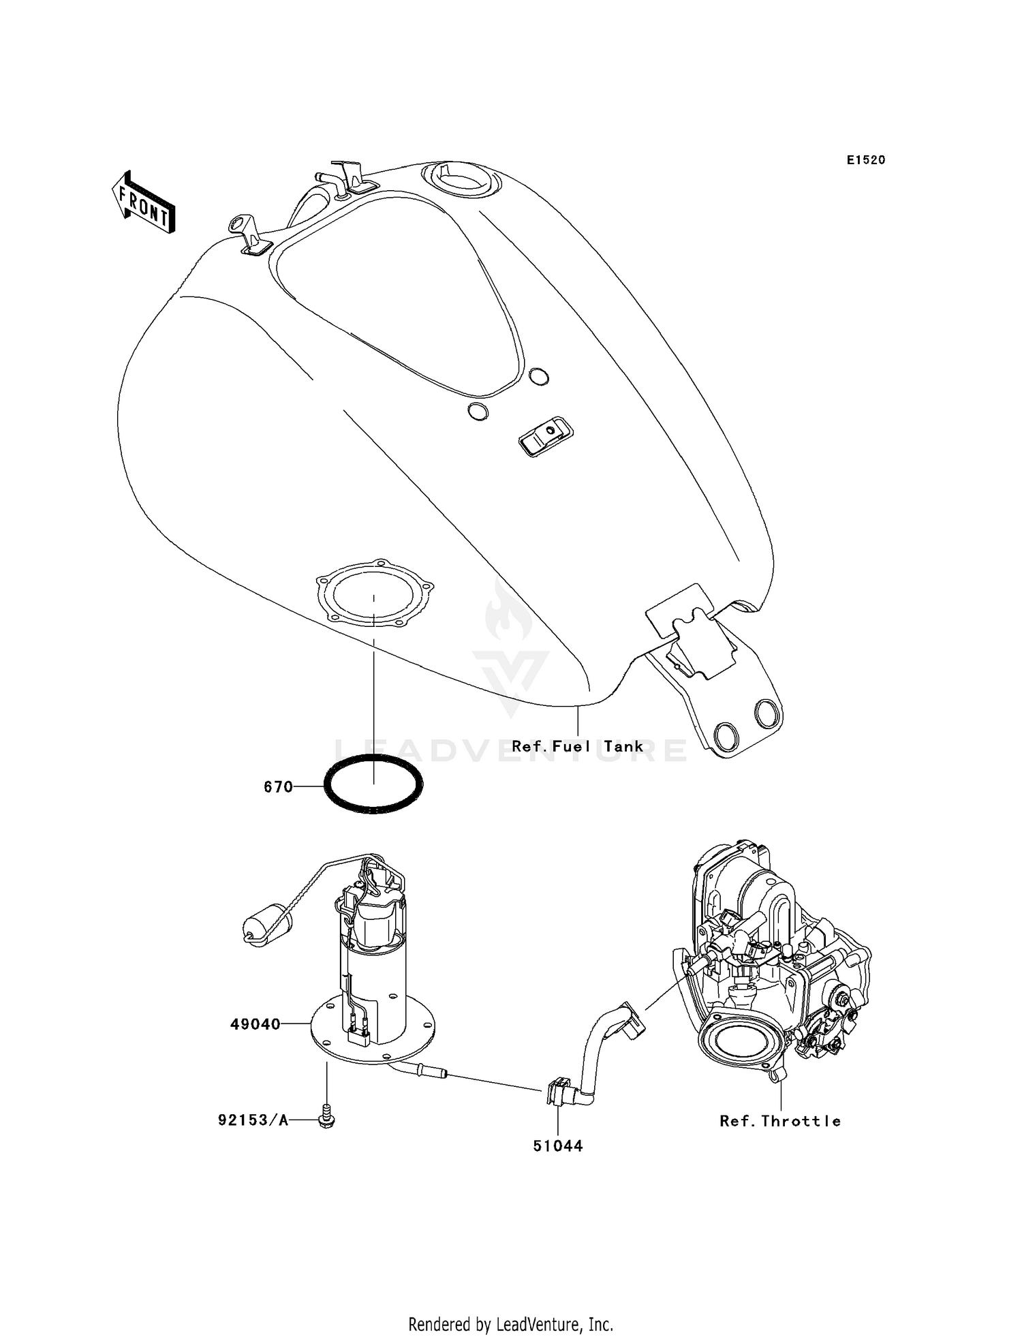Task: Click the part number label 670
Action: (278, 787)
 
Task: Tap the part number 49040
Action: (255, 1024)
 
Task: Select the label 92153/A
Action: (253, 1120)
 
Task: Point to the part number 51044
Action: (557, 1146)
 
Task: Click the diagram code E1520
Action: (866, 160)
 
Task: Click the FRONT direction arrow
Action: (144, 204)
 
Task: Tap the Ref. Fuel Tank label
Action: (577, 746)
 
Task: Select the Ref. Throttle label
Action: (780, 1121)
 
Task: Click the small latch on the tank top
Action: (546, 435)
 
